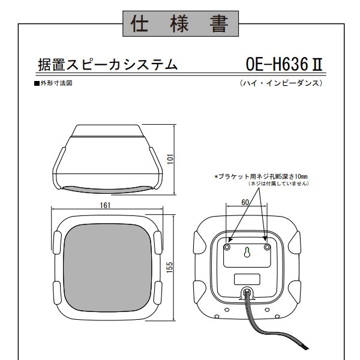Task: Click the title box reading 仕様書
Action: pos(181,23)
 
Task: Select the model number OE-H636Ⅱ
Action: pos(284,64)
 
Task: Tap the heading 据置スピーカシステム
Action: pos(107,65)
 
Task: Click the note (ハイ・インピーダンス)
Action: pos(281,83)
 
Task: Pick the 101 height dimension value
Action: pos(170,159)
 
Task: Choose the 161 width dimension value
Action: pos(105,205)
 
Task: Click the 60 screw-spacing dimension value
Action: pos(245,202)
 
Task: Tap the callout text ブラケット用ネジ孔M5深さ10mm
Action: pos(261,176)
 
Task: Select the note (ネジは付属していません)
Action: pos(279,184)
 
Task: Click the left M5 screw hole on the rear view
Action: pos(227,247)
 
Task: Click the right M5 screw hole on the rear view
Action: pos(267,247)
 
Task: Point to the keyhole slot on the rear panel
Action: pos(247,252)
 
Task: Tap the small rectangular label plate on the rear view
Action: pos(247,279)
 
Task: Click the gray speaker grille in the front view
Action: pos(107,268)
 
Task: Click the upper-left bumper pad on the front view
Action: pos(57,242)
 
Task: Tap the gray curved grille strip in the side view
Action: pos(107,190)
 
